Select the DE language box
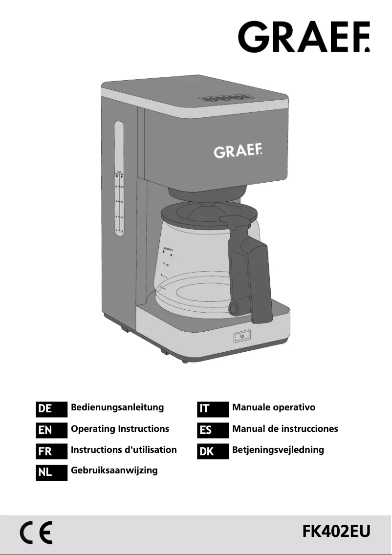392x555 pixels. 51,408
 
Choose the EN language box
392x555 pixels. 51,430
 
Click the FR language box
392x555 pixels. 51,451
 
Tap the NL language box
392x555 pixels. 51,473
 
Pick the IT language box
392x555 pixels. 213,408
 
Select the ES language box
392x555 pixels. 213,430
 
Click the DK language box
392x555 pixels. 213,451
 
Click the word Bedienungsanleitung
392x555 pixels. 117,407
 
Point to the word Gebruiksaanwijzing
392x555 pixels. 114,470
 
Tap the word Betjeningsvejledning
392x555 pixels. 278,450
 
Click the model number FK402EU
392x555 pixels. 337,532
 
